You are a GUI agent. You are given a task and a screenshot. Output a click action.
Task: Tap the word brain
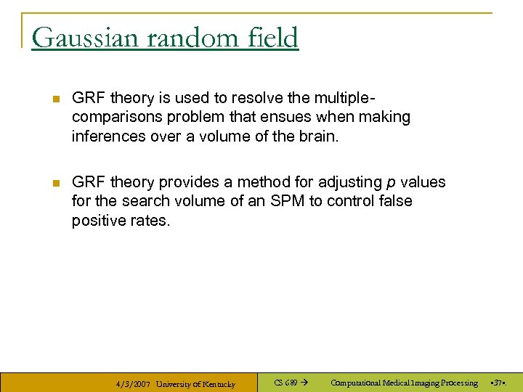(x=318, y=136)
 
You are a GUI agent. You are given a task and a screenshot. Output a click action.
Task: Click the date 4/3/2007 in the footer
(x=133, y=384)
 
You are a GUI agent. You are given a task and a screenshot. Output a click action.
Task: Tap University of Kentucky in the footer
(x=196, y=384)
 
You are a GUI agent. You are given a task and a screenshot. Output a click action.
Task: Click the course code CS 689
(x=285, y=383)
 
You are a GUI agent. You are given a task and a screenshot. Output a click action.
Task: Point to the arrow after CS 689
(x=304, y=383)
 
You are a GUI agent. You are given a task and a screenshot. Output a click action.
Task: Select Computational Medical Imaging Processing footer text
(x=404, y=383)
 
